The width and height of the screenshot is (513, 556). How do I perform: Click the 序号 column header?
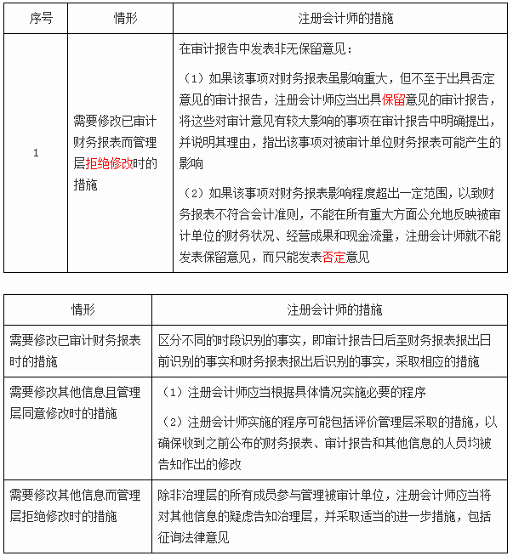tap(36, 17)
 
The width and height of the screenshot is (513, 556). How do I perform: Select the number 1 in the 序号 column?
tap(36, 153)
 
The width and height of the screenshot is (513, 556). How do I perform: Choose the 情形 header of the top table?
tap(120, 17)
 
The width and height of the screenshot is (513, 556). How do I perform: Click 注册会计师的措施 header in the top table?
tap(339, 17)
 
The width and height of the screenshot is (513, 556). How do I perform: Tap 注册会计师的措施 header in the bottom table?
tap(331, 309)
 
